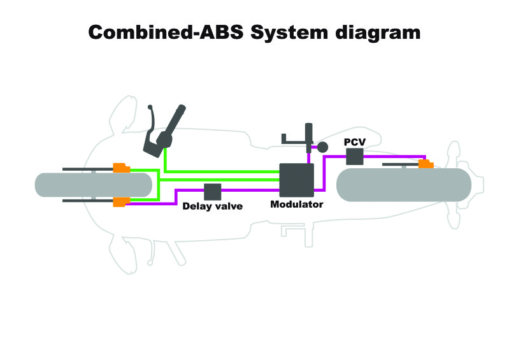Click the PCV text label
pos(355,142)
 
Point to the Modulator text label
pos(297,204)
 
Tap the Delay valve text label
pos(213,206)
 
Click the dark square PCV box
pos(354,157)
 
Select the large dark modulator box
pos(297,180)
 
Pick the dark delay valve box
pos(213,192)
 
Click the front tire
pos(94,185)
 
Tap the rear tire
pos(404,185)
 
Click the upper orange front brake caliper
pos(122,168)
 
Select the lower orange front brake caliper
pos(122,202)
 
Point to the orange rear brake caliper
pos(426,164)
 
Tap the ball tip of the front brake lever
pos(150,107)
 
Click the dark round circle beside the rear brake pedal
pos(322,147)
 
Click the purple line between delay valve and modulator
pos(250,191)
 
